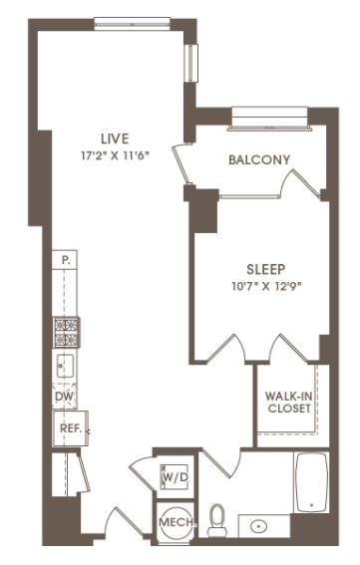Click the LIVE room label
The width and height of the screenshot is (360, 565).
pyautogui.click(x=115, y=139)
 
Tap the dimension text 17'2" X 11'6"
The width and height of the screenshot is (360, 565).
pyautogui.click(x=115, y=155)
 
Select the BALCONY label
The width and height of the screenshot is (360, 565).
pyautogui.click(x=259, y=159)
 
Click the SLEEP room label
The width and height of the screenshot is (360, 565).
pyautogui.click(x=266, y=269)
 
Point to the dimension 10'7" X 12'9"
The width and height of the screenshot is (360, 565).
pyautogui.click(x=266, y=286)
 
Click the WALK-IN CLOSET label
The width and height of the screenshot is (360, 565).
pyautogui.click(x=289, y=403)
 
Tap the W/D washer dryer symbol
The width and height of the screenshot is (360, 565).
pyautogui.click(x=175, y=477)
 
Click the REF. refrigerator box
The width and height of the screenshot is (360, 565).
pyautogui.click(x=71, y=428)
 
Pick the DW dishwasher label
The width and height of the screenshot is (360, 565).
pyautogui.click(x=64, y=397)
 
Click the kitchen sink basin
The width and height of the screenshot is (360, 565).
pyautogui.click(x=65, y=366)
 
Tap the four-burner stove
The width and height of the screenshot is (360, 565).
pyautogui.click(x=67, y=333)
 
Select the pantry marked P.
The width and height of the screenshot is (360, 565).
pyautogui.click(x=65, y=259)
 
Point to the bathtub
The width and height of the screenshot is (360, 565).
pyautogui.click(x=312, y=482)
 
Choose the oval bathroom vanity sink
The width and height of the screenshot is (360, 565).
pyautogui.click(x=259, y=526)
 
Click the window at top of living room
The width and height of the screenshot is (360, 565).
pyautogui.click(x=133, y=24)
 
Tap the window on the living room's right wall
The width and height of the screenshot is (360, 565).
pyautogui.click(x=190, y=63)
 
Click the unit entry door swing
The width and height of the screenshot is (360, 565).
pyautogui.click(x=128, y=522)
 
